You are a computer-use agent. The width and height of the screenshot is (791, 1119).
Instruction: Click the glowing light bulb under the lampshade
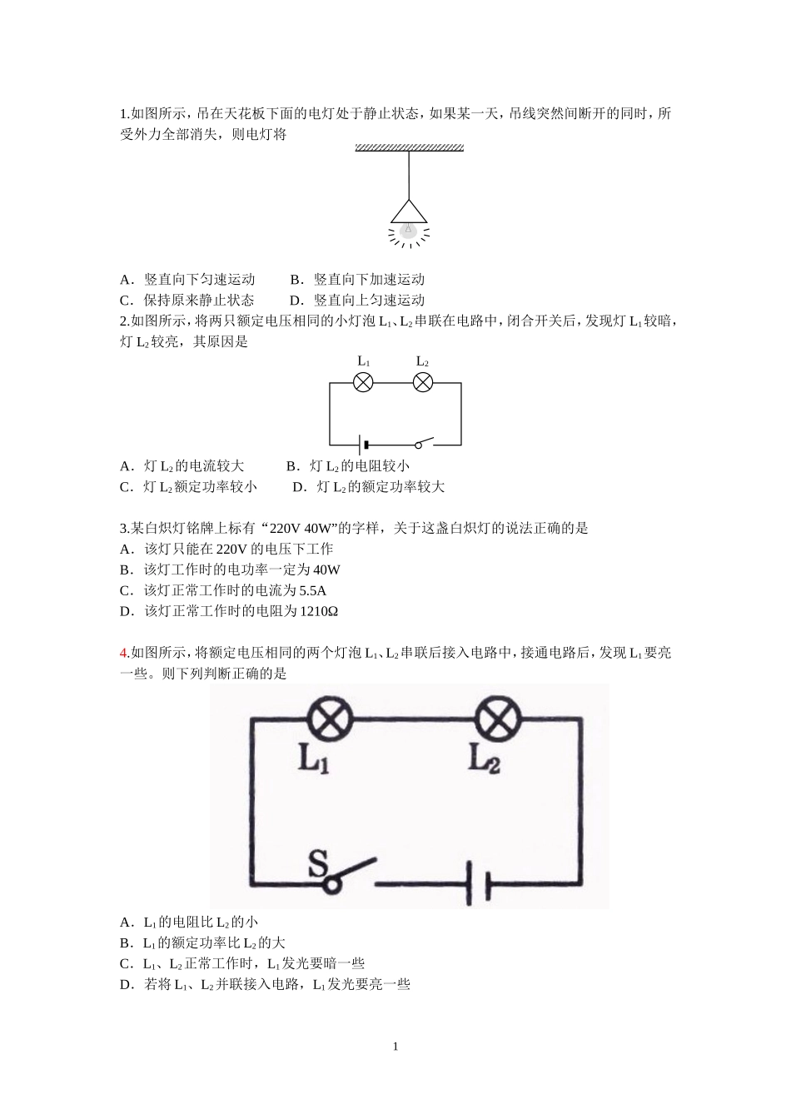(408, 231)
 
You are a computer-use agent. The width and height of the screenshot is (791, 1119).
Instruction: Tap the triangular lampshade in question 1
(409, 212)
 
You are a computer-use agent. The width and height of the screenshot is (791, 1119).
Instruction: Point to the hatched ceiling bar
(409, 148)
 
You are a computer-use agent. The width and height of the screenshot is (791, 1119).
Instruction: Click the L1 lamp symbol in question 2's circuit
(363, 382)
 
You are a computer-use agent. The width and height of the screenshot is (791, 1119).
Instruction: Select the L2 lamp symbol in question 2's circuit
(423, 382)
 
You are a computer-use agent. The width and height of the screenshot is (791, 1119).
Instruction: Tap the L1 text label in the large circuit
(314, 759)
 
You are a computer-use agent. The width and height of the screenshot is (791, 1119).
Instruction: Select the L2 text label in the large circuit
(484, 759)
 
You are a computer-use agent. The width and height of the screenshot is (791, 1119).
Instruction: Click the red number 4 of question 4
(123, 653)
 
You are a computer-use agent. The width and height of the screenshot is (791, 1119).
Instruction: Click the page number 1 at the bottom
(395, 1047)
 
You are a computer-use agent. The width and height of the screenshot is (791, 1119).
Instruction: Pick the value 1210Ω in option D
(319, 611)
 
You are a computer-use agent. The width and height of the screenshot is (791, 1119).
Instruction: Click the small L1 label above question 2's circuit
(363, 361)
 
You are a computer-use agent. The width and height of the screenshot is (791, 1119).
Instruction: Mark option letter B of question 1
(295, 279)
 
